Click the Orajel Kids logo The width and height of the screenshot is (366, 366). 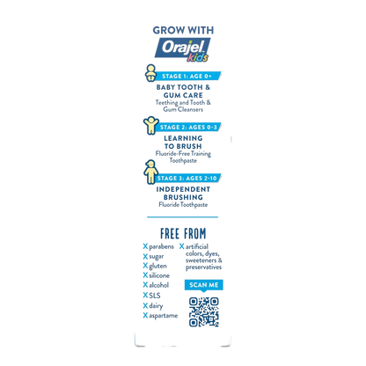(182, 49)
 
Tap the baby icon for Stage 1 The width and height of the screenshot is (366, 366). (150, 73)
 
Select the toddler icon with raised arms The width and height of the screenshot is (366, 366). (150, 126)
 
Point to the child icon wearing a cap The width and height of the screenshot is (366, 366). (150, 172)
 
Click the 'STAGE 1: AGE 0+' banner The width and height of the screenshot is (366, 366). (187, 77)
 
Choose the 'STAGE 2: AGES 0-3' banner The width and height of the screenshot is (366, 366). (188, 128)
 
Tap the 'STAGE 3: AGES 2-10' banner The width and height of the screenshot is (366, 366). (187, 179)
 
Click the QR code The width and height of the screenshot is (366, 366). (204, 312)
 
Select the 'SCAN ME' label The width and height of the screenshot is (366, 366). (204, 285)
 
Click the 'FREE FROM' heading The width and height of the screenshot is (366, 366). (183, 234)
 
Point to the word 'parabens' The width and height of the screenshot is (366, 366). (161, 247)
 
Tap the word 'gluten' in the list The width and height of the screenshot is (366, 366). (157, 267)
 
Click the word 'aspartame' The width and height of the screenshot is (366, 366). (164, 316)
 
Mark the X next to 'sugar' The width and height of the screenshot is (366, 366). (145, 257)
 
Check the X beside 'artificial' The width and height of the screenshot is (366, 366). (182, 246)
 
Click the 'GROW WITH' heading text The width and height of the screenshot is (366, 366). (183, 30)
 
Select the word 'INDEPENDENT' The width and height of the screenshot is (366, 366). (183, 189)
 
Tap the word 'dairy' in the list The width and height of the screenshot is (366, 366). (156, 306)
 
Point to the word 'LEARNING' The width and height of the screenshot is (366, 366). (183, 138)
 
